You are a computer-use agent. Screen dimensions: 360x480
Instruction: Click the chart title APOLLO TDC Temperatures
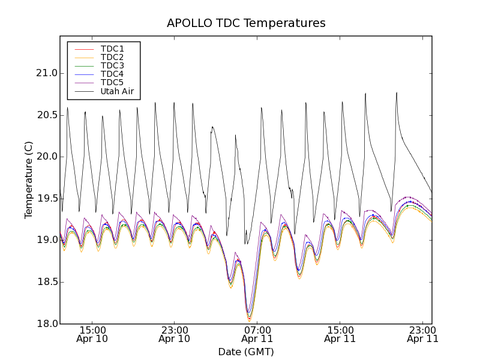[x=246, y=23]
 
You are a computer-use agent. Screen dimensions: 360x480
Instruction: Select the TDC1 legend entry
[x=112, y=49]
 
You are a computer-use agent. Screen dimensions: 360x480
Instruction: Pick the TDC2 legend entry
[x=112, y=57]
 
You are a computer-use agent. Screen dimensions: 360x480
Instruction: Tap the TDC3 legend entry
[x=112, y=65]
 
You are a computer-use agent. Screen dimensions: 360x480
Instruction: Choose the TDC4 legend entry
[x=112, y=74]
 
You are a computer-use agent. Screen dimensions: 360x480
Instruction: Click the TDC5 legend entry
[x=112, y=83]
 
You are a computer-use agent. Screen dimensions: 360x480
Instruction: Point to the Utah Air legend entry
[x=116, y=92]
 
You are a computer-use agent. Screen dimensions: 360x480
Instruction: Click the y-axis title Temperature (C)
[x=29, y=180]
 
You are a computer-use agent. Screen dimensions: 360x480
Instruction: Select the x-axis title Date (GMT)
[x=246, y=352]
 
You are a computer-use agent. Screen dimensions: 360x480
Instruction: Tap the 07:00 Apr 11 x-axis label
[x=257, y=334]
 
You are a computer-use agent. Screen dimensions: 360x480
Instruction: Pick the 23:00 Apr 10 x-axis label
[x=175, y=334]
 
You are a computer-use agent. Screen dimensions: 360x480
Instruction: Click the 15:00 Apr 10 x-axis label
[x=92, y=334]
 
